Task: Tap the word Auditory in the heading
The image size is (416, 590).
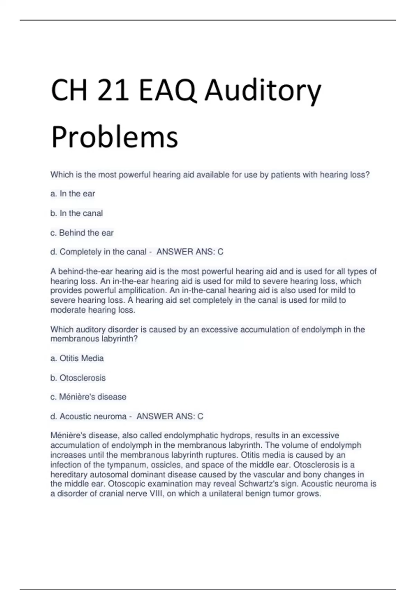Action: point(263,91)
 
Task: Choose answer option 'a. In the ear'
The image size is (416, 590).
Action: point(73,194)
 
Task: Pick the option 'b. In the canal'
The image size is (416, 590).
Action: point(77,213)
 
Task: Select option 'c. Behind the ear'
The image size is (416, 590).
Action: point(82,233)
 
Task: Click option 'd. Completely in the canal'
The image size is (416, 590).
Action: point(98,252)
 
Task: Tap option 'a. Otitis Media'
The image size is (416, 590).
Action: point(77,358)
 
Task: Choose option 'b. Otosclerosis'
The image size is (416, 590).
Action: point(78,378)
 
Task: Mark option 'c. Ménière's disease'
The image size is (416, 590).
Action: point(88,397)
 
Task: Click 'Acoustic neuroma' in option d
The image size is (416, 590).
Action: point(93,416)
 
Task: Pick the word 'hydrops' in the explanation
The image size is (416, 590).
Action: point(236,436)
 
